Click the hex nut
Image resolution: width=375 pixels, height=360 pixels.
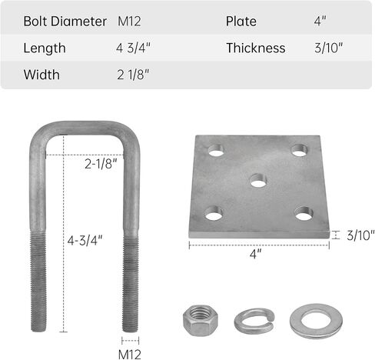(201, 321)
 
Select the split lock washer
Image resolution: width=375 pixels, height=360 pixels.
(254, 325)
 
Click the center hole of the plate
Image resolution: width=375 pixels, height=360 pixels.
(258, 180)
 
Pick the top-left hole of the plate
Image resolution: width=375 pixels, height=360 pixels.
(216, 150)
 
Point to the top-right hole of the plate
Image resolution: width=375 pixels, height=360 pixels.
(299, 150)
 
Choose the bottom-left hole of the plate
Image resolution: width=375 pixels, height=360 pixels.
(214, 213)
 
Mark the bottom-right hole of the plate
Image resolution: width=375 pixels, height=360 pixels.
(304, 213)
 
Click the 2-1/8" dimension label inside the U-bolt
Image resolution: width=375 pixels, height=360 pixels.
(101, 164)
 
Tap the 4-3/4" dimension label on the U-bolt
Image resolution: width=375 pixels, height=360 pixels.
(85, 241)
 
